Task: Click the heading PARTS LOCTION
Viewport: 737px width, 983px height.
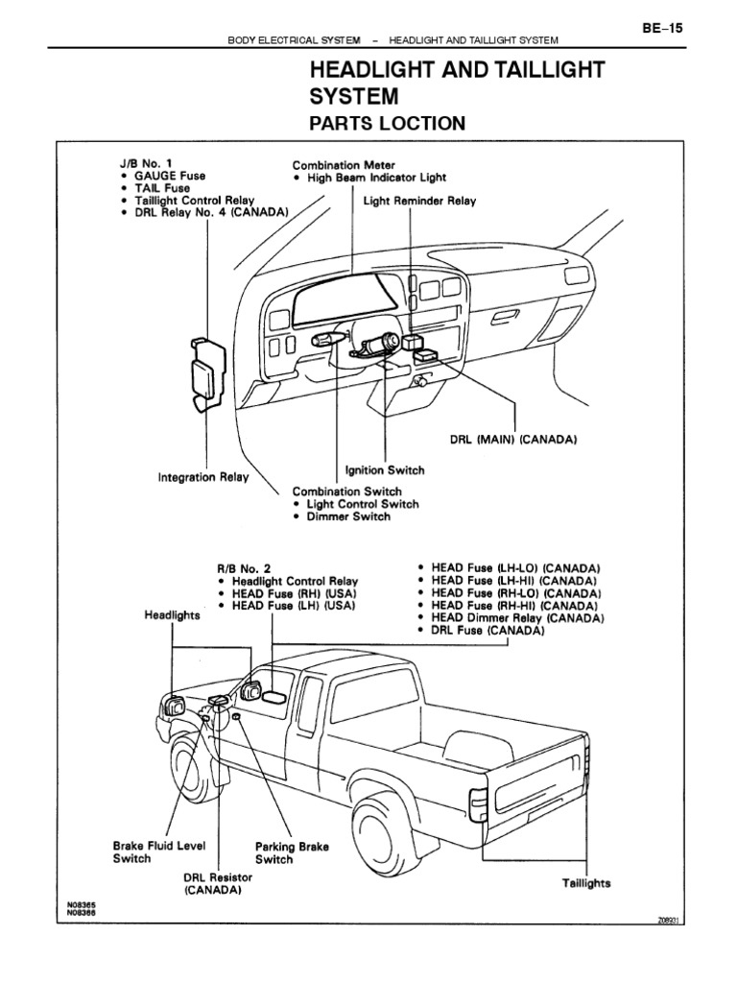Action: [x=386, y=124]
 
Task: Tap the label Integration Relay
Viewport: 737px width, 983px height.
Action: [x=202, y=476]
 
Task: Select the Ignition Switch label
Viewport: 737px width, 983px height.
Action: [x=384, y=471]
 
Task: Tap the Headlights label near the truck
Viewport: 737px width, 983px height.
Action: [x=172, y=615]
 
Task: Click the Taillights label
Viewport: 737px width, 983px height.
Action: [x=585, y=883]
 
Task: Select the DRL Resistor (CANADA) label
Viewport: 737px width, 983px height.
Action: [x=218, y=884]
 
